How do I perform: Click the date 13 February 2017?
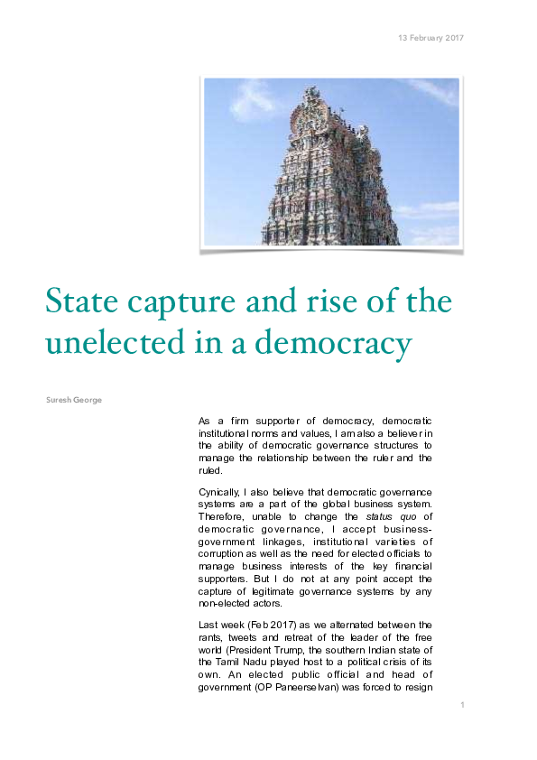[431, 38]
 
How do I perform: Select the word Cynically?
[219, 490]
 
